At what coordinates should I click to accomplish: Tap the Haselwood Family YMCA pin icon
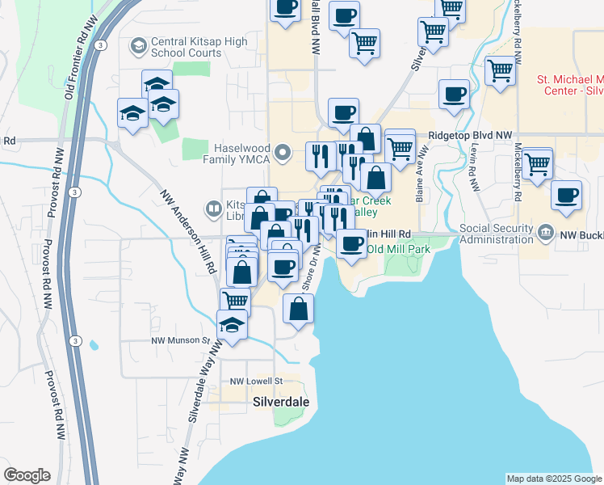(283, 151)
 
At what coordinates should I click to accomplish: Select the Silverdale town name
(280, 401)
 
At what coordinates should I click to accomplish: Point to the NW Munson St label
(181, 342)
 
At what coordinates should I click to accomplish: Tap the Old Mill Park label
(398, 249)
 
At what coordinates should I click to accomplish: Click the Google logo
(27, 474)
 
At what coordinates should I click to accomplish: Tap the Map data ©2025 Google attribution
(554, 479)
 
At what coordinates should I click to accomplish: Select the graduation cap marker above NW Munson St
(233, 325)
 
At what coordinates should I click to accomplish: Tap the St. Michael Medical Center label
(570, 86)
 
